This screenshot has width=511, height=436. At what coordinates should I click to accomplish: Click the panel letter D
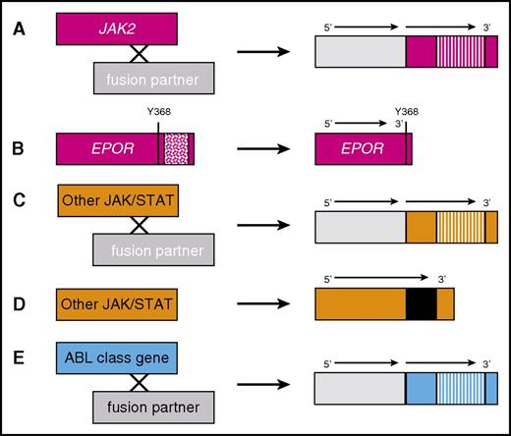tap(19, 305)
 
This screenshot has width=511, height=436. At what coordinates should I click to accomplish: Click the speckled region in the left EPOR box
tap(175, 147)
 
